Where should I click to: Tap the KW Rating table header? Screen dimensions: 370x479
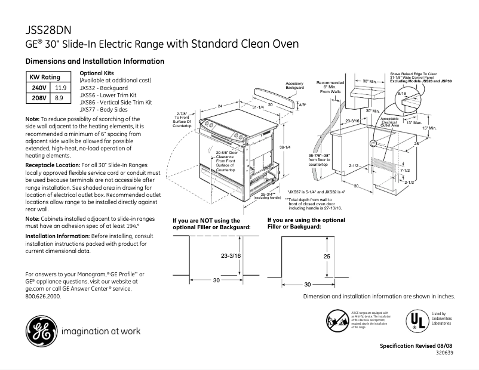[x=45, y=78]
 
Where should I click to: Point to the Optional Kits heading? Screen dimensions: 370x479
[x=96, y=73]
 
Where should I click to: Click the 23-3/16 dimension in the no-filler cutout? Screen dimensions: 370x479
[x=231, y=256]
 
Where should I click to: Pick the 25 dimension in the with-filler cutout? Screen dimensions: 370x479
[x=326, y=256]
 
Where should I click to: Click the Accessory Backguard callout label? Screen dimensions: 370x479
[x=294, y=85]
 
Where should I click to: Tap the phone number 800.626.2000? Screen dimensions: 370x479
[x=43, y=295]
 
